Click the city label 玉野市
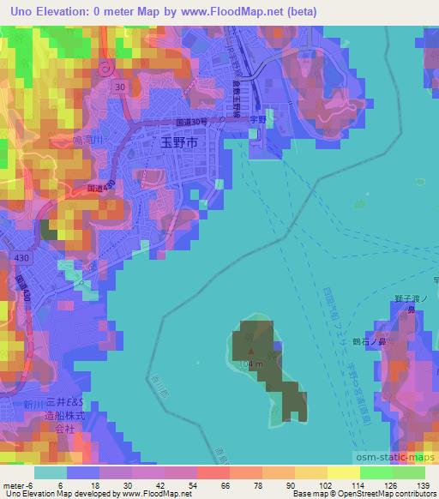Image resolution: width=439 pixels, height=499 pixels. coord(179,143)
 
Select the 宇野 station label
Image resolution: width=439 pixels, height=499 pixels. coord(257,132)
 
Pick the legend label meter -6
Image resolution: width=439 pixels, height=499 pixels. coord(18,485)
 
